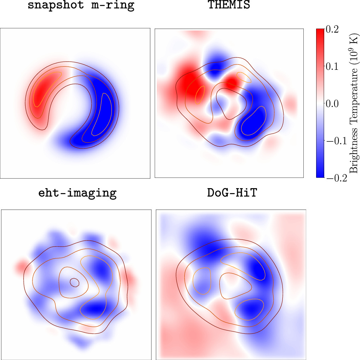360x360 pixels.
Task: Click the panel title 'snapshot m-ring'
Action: click(81, 6)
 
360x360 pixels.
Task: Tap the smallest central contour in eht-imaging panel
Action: click(74, 282)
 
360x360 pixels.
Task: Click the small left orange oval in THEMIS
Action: click(200, 94)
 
